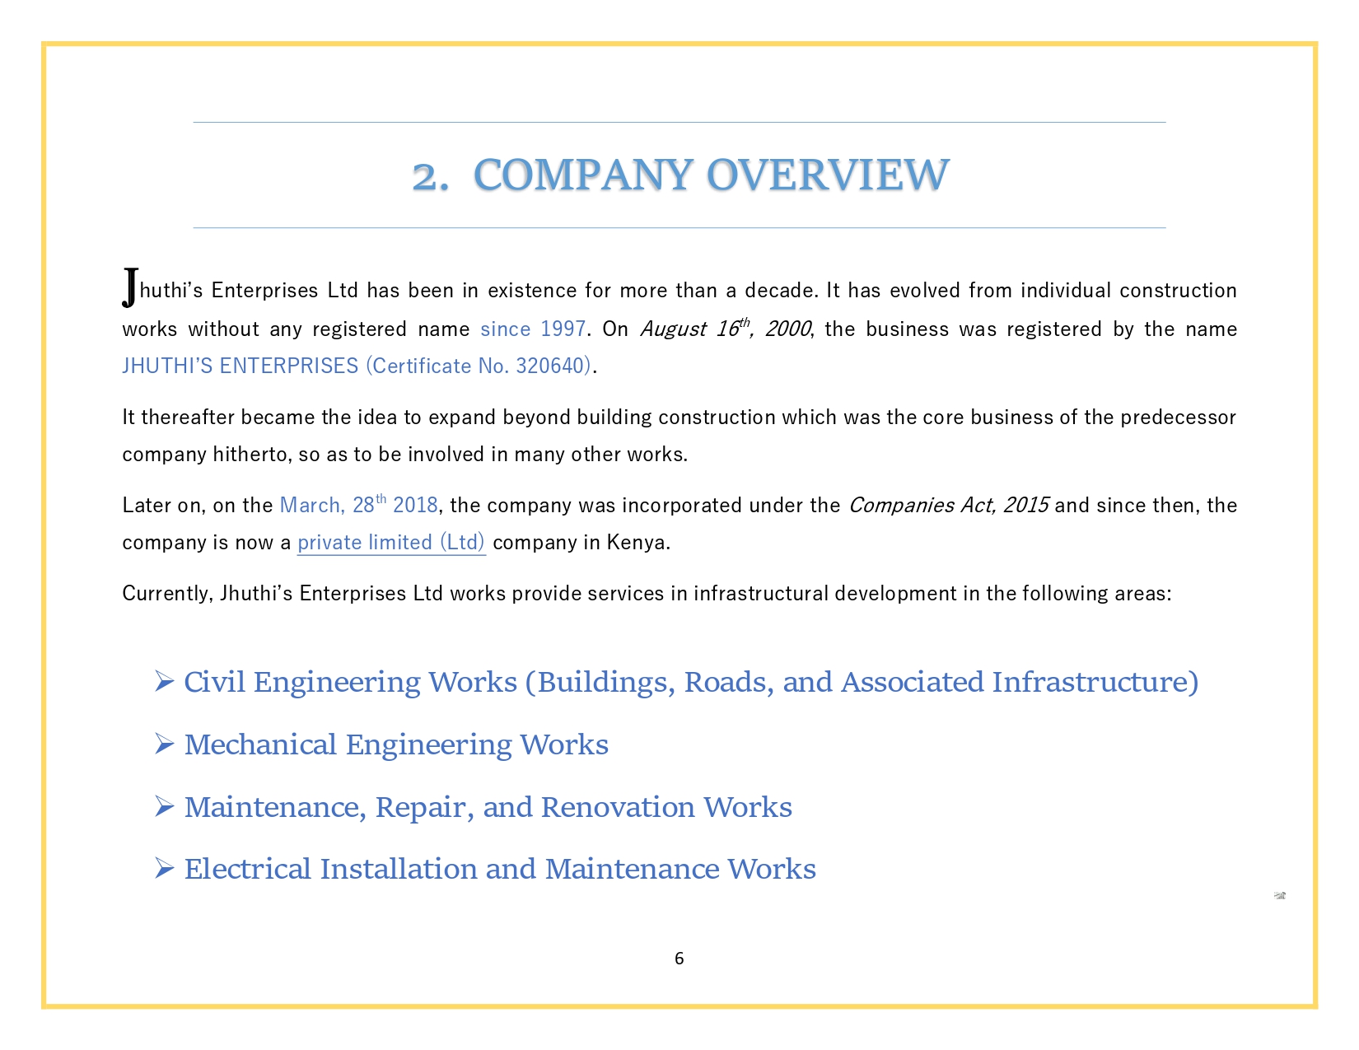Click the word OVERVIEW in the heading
[828, 175]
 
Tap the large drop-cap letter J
[130, 287]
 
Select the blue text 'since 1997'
[533, 329]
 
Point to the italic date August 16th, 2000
[725, 329]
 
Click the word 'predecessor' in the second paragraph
[1178, 418]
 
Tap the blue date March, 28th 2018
[359, 505]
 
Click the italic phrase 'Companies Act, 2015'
[948, 505]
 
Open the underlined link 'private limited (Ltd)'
[391, 543]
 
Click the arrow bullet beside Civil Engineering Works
[164, 681]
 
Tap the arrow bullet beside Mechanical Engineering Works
[164, 744]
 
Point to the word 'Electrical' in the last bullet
[248, 869]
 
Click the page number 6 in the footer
[679, 959]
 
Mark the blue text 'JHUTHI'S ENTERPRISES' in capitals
[241, 366]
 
